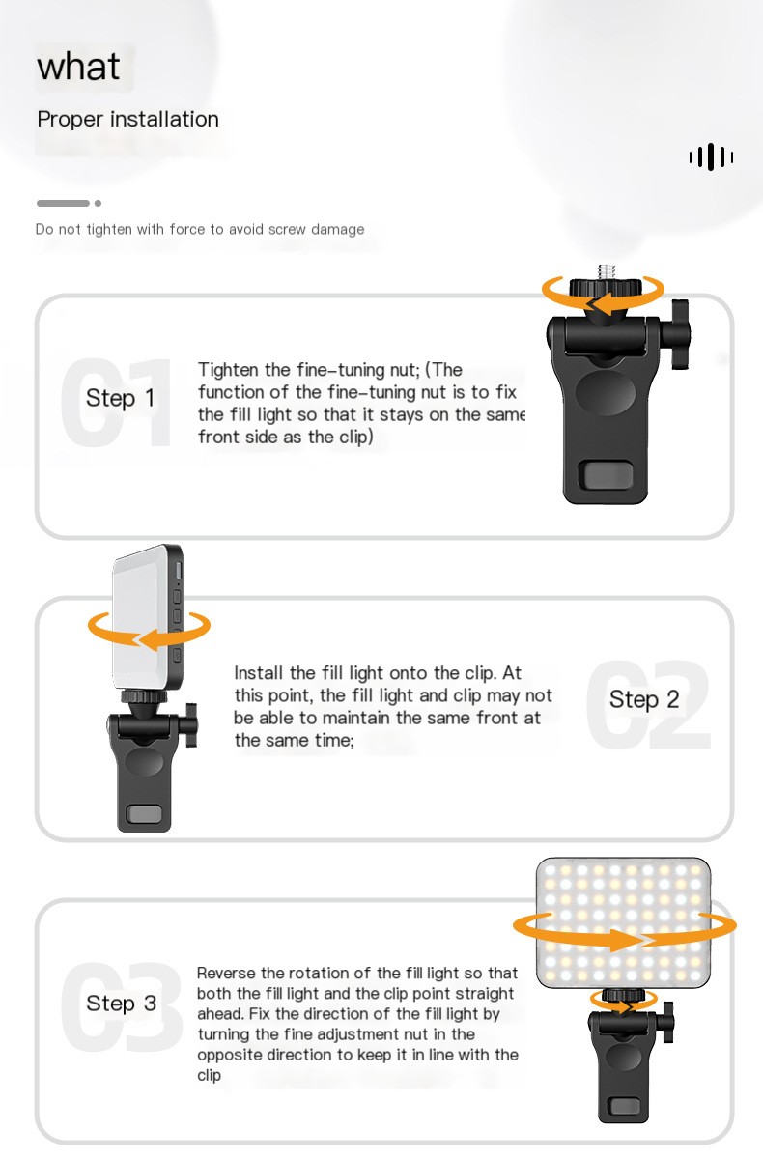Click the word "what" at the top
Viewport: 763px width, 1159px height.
(x=78, y=67)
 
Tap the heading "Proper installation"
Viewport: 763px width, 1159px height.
(x=127, y=119)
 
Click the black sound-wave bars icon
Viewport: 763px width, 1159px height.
(x=711, y=156)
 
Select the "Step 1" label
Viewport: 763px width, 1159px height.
(x=120, y=398)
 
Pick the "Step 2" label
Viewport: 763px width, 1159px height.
(x=644, y=699)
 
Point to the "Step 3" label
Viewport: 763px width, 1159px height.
(x=121, y=1004)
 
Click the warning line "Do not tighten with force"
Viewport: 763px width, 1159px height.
(x=200, y=229)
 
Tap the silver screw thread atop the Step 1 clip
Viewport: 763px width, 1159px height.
(x=607, y=271)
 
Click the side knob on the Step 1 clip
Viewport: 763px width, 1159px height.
(x=681, y=334)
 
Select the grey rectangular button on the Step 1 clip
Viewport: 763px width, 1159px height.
(x=607, y=474)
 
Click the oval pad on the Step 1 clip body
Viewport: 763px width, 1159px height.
(x=606, y=391)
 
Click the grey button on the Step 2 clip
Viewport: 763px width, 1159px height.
(x=144, y=814)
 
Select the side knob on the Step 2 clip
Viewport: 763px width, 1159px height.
(x=191, y=724)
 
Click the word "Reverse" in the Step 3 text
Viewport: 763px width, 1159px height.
(x=226, y=974)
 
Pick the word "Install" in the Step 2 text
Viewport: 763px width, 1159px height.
(x=259, y=673)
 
